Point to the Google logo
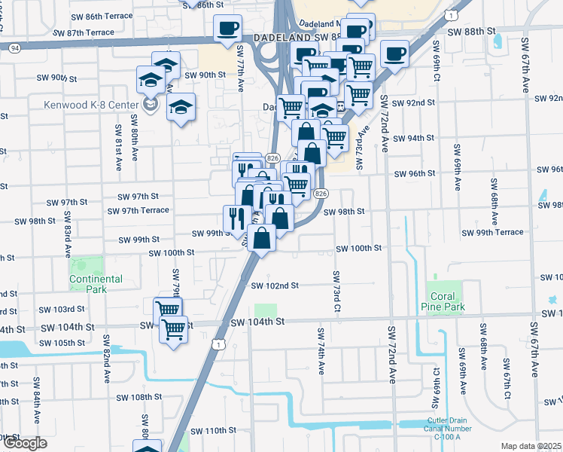pyautogui.click(x=24, y=444)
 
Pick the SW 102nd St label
pyautogui.click(x=275, y=286)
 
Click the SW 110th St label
pyautogui.click(x=213, y=430)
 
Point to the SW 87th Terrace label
pyautogui.click(x=84, y=32)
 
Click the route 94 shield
pyautogui.click(x=14, y=47)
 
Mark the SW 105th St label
pyautogui.click(x=63, y=343)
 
